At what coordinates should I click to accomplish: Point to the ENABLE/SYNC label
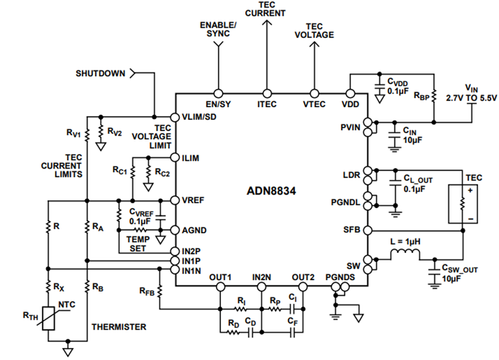pos(218,29)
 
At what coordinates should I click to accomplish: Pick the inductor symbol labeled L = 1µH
pos(405,256)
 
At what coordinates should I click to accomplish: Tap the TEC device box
pos(462,203)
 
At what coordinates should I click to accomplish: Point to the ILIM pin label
pos(191,158)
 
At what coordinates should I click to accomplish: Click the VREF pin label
pos(192,199)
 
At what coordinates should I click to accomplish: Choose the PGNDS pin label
pos(339,277)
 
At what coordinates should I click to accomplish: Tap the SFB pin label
pos(353,229)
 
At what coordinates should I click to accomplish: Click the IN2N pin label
pos(262,277)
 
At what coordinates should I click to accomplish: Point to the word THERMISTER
pos(120,327)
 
